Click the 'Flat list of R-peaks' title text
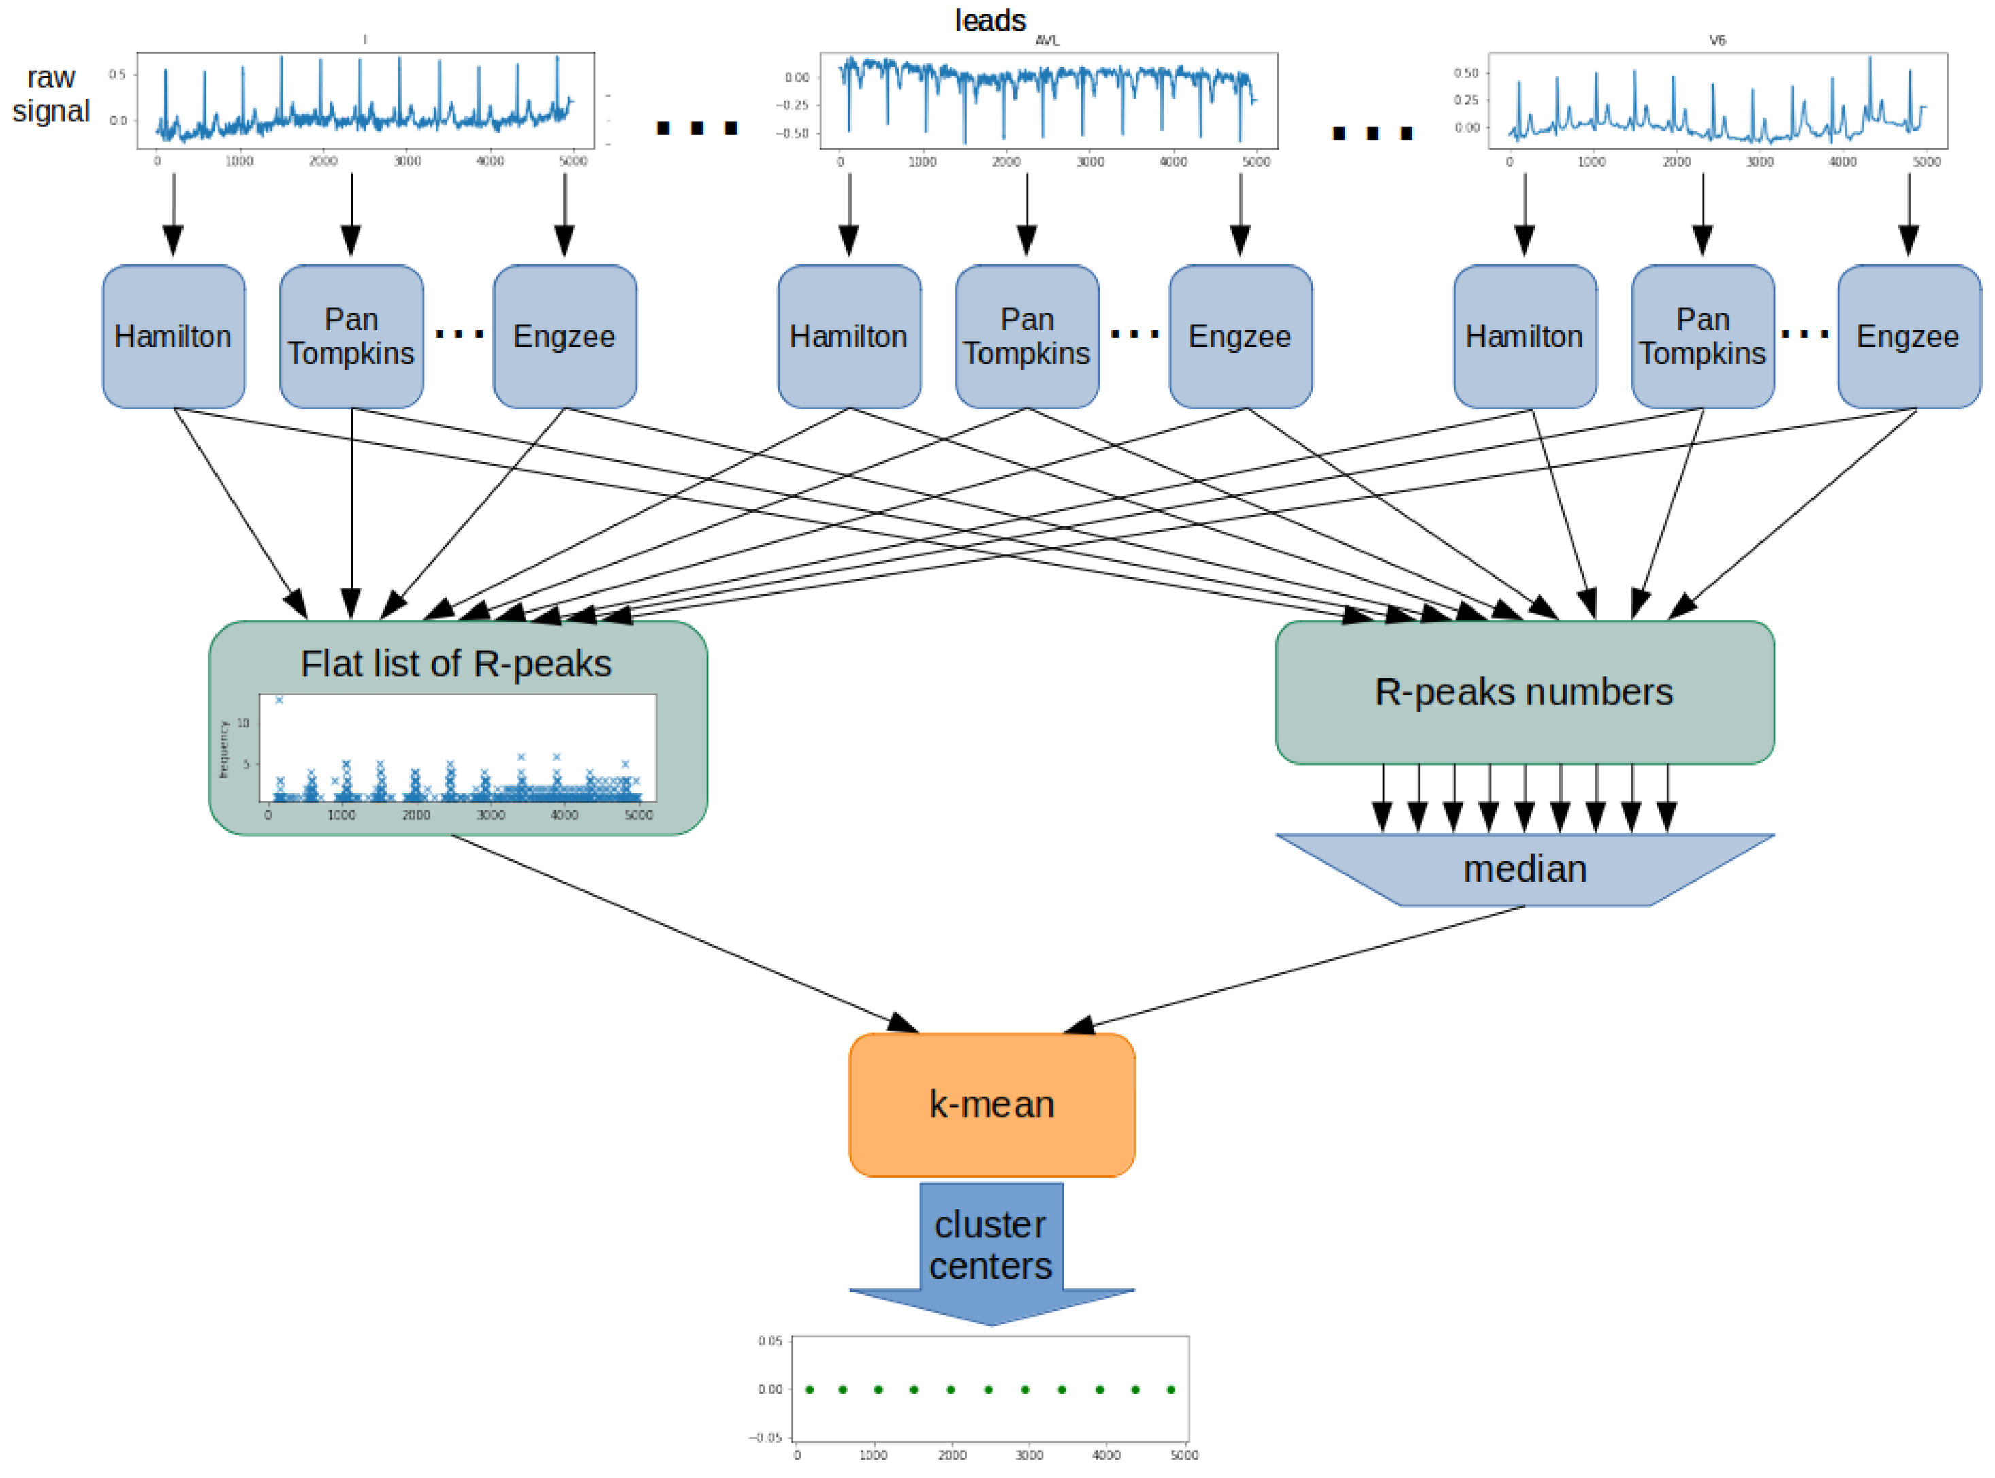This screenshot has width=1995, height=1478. pyautogui.click(x=455, y=664)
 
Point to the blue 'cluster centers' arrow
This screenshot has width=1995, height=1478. pyautogui.click(x=990, y=1252)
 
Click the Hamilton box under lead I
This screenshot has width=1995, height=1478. pyautogui.click(x=173, y=337)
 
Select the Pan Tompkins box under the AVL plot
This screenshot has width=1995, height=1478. pyautogui.click(x=1026, y=337)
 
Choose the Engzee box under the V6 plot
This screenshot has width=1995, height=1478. pyautogui.click(x=1907, y=337)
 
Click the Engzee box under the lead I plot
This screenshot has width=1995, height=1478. pyautogui.click(x=563, y=337)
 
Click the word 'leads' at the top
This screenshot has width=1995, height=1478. pyautogui.click(x=990, y=20)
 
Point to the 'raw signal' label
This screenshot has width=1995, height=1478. pyautogui.click(x=51, y=94)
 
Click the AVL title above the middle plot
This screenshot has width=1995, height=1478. pyautogui.click(x=1047, y=40)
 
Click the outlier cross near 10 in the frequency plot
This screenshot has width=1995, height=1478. pyautogui.click(x=279, y=700)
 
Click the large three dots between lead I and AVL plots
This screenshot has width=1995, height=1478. pyautogui.click(x=696, y=128)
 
